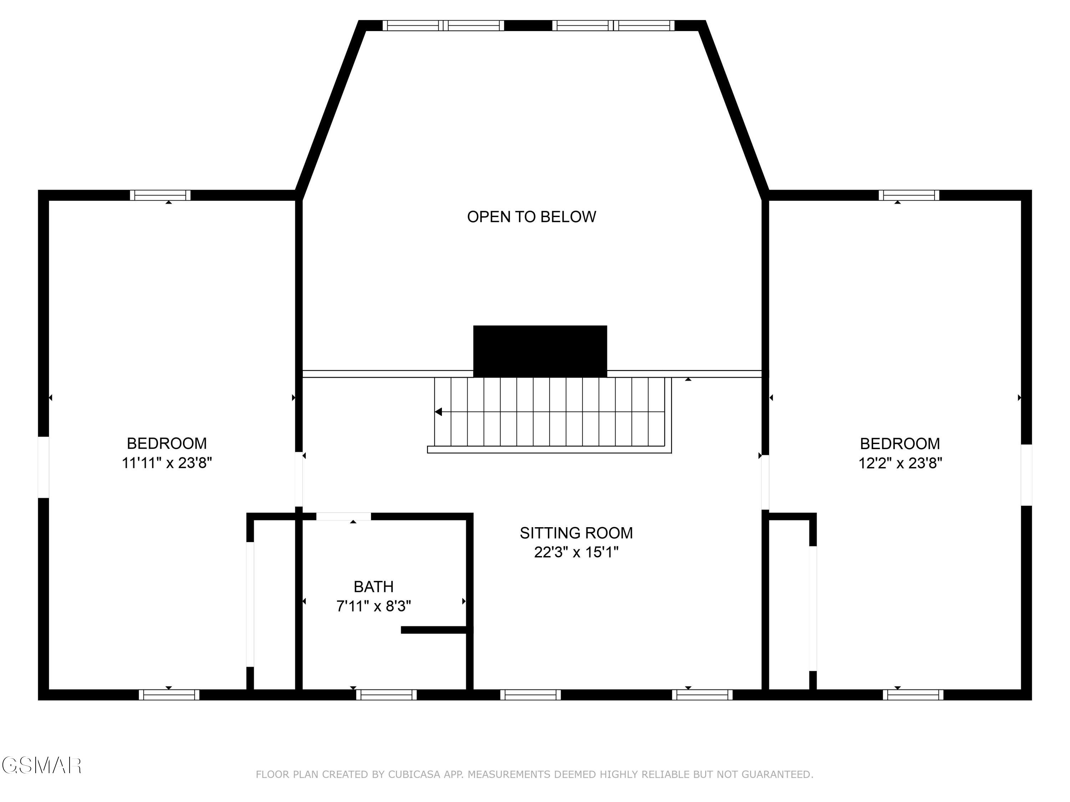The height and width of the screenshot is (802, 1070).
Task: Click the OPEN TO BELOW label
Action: (531, 217)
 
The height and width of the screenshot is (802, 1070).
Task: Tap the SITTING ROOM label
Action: (576, 533)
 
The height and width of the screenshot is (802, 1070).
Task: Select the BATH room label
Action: (373, 586)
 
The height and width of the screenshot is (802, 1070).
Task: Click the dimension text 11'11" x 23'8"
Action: (167, 463)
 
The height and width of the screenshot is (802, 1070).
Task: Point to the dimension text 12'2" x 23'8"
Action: (900, 463)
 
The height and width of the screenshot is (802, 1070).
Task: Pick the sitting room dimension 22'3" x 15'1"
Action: (576, 552)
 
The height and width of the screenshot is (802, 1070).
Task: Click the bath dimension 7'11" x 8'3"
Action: (373, 606)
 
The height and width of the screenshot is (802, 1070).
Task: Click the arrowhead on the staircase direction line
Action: (438, 412)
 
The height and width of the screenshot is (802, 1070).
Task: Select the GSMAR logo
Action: (41, 765)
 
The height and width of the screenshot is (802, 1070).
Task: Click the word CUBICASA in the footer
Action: (414, 775)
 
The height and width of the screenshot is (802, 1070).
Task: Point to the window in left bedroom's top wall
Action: (160, 195)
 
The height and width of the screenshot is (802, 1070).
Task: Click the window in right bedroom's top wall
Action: (909, 195)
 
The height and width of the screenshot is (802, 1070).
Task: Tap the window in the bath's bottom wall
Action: (387, 695)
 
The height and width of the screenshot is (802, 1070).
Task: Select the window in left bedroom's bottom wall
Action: (169, 695)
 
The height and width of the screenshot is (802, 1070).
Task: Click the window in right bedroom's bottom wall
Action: (913, 695)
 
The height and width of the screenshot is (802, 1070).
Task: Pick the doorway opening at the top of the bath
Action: (343, 516)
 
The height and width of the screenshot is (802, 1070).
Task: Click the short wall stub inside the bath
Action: (434, 629)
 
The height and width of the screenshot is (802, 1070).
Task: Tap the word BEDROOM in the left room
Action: (167, 443)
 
